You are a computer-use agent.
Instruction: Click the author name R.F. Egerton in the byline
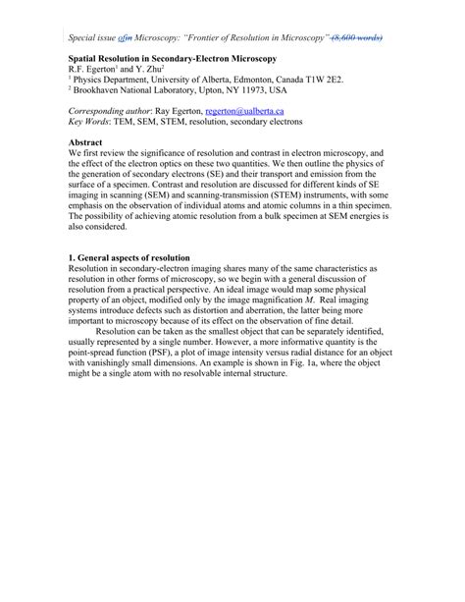pyautogui.click(x=90, y=71)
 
